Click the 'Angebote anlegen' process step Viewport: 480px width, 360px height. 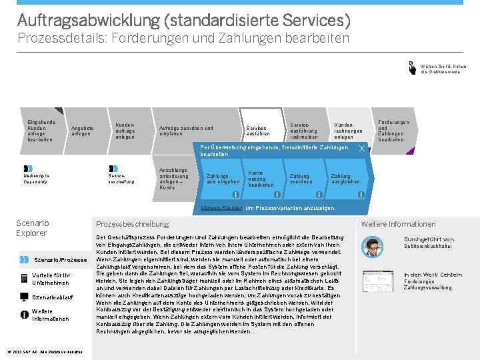coord(83,131)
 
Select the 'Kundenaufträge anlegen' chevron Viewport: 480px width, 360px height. coord(125,131)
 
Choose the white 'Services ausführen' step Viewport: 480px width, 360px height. coord(257,131)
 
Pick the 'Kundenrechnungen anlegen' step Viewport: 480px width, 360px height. coord(347,131)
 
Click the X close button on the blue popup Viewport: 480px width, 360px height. coord(361,148)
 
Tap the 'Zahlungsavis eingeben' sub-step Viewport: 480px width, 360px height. coord(223,179)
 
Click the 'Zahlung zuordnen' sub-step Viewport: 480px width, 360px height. coord(301,179)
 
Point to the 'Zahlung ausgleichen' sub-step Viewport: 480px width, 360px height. coord(345,179)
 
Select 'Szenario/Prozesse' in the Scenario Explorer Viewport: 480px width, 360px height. coord(60,260)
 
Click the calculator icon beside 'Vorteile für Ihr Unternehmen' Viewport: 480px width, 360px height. coord(25,278)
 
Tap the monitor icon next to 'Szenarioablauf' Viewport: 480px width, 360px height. coord(25,297)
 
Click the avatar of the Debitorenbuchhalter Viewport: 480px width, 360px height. coord(375,245)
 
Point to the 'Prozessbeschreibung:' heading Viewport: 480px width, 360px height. coord(133,224)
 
